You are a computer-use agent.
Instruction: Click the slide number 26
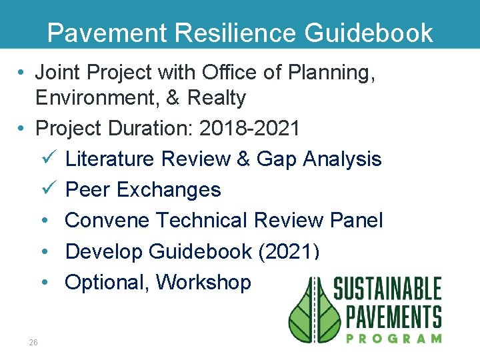33,342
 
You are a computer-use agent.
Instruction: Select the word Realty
217,98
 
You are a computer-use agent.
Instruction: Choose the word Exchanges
169,190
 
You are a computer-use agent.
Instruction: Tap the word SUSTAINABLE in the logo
387,289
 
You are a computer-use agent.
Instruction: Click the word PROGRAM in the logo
394,338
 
